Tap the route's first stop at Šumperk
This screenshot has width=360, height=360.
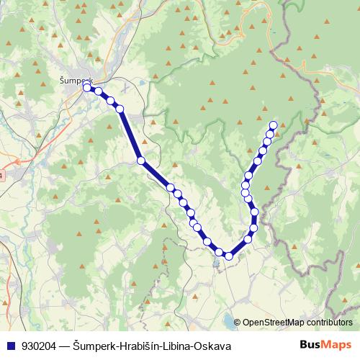click(x=87, y=88)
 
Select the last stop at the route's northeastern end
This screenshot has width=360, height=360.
click(x=273, y=125)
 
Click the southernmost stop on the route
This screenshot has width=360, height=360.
click(x=229, y=256)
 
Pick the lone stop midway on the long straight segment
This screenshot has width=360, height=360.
click(x=141, y=161)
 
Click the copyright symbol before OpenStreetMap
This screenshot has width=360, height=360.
click(x=238, y=323)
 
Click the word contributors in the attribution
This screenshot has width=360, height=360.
click(x=330, y=323)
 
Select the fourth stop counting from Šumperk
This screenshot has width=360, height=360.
click(x=120, y=109)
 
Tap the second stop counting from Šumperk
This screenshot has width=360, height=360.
click(x=98, y=91)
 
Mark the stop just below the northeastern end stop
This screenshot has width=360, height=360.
click(x=270, y=134)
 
